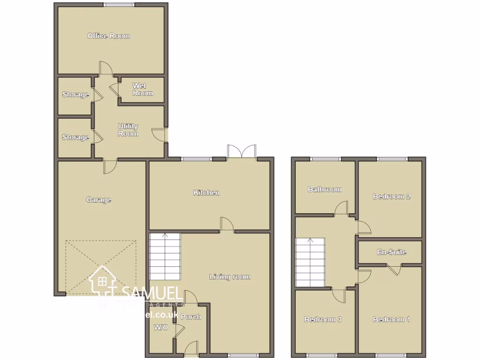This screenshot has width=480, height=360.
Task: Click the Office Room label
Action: pos(108,36)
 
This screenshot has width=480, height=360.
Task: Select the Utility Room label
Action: pos(128,130)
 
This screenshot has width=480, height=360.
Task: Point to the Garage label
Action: pos(98,200)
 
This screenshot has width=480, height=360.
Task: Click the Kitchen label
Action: pos(206,193)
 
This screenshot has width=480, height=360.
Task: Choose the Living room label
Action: pos(230,277)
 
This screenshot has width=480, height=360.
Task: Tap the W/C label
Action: pos(161,327)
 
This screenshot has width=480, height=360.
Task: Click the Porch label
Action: pos(191,317)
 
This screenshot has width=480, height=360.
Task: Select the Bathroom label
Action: pos(324,189)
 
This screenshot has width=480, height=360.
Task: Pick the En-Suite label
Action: pos(391,252)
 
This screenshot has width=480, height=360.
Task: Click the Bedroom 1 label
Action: pos(391,319)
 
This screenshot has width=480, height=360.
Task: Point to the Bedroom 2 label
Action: pos(391,196)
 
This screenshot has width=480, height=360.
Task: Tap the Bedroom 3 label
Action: pos(322,319)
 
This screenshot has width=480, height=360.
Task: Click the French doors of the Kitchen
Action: pos(241,152)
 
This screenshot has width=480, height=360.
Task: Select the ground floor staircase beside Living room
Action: pos(165,257)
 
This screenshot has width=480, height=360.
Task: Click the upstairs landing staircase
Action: pos(310,262)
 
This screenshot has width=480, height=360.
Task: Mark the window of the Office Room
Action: pos(119,5)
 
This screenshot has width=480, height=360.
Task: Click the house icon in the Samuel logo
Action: pos(103,281)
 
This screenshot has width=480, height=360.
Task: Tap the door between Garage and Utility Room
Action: pos(111,165)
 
